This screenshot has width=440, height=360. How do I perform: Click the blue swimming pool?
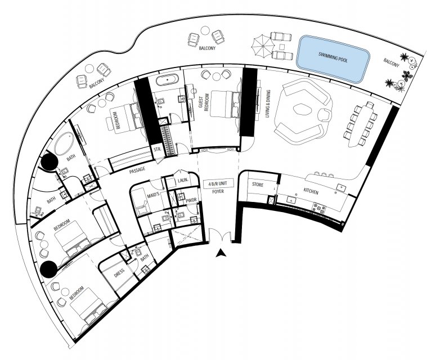333,59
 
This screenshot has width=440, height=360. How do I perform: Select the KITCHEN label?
311,192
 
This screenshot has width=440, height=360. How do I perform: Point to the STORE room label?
258,185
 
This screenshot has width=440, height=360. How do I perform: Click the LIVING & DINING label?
268,103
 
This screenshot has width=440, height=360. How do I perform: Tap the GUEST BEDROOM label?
204,102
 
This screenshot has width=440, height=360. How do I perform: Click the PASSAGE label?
137,170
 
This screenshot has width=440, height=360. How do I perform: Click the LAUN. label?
182,181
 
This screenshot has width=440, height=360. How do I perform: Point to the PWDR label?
191,200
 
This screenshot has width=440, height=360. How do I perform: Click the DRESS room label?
119,273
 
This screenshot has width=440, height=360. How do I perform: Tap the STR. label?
158,150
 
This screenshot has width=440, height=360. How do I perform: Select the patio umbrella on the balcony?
262,46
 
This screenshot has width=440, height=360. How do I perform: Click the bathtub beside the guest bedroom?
167,80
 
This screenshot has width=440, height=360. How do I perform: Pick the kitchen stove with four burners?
320,209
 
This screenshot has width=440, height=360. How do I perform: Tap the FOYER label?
218,191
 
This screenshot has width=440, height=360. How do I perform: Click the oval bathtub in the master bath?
64,144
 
